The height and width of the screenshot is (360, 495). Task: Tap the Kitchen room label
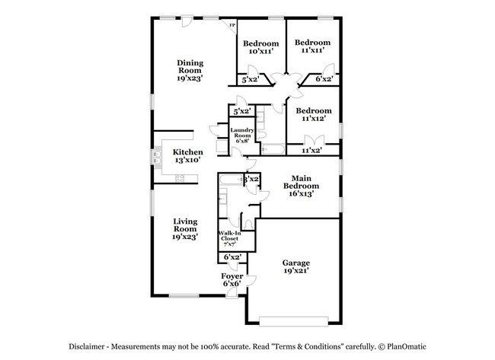click(x=187, y=152)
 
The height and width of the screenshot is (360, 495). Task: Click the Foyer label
click(x=232, y=276)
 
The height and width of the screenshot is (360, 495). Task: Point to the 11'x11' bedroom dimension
click(x=312, y=50)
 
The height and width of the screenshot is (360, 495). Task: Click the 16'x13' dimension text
click(x=298, y=193)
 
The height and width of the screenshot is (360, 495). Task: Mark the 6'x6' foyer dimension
click(x=232, y=284)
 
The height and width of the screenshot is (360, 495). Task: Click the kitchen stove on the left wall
click(x=158, y=161)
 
